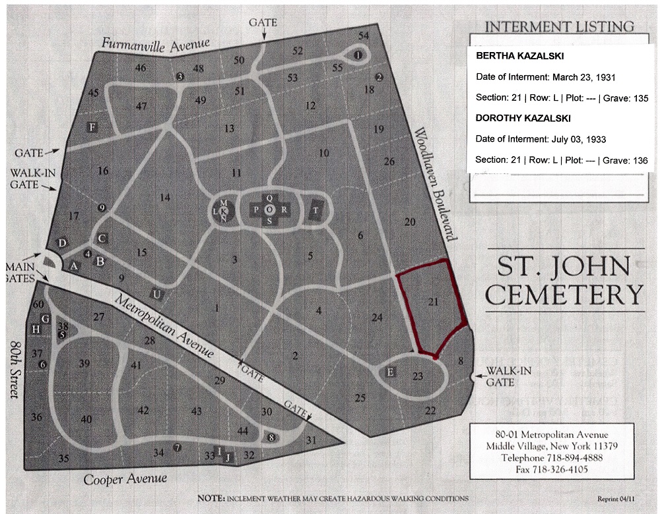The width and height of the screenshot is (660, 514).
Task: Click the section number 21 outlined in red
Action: coord(433,302)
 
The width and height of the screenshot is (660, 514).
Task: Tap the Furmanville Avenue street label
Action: coord(155,45)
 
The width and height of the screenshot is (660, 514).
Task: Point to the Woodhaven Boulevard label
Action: coord(434,185)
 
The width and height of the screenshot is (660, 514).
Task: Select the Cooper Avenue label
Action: coord(125,478)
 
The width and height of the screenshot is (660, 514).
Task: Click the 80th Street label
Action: coord(14,369)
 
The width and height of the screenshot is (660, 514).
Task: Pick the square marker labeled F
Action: coord(93,127)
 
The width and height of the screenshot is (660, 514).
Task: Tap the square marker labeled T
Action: coord(317,210)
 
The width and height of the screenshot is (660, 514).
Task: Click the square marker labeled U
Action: coord(156,294)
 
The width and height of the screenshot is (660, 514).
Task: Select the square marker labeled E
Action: coord(391,373)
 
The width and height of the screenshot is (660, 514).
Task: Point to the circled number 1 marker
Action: coord(358,55)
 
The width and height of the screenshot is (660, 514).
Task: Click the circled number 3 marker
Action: coord(180,77)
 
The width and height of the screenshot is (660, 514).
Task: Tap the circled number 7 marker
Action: coord(177,447)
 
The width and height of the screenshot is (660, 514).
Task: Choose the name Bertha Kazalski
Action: coord(515,56)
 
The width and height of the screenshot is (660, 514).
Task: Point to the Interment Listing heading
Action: coord(558,26)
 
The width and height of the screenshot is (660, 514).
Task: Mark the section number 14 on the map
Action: coord(165,197)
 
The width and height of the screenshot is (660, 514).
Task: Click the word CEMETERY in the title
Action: coord(564,295)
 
